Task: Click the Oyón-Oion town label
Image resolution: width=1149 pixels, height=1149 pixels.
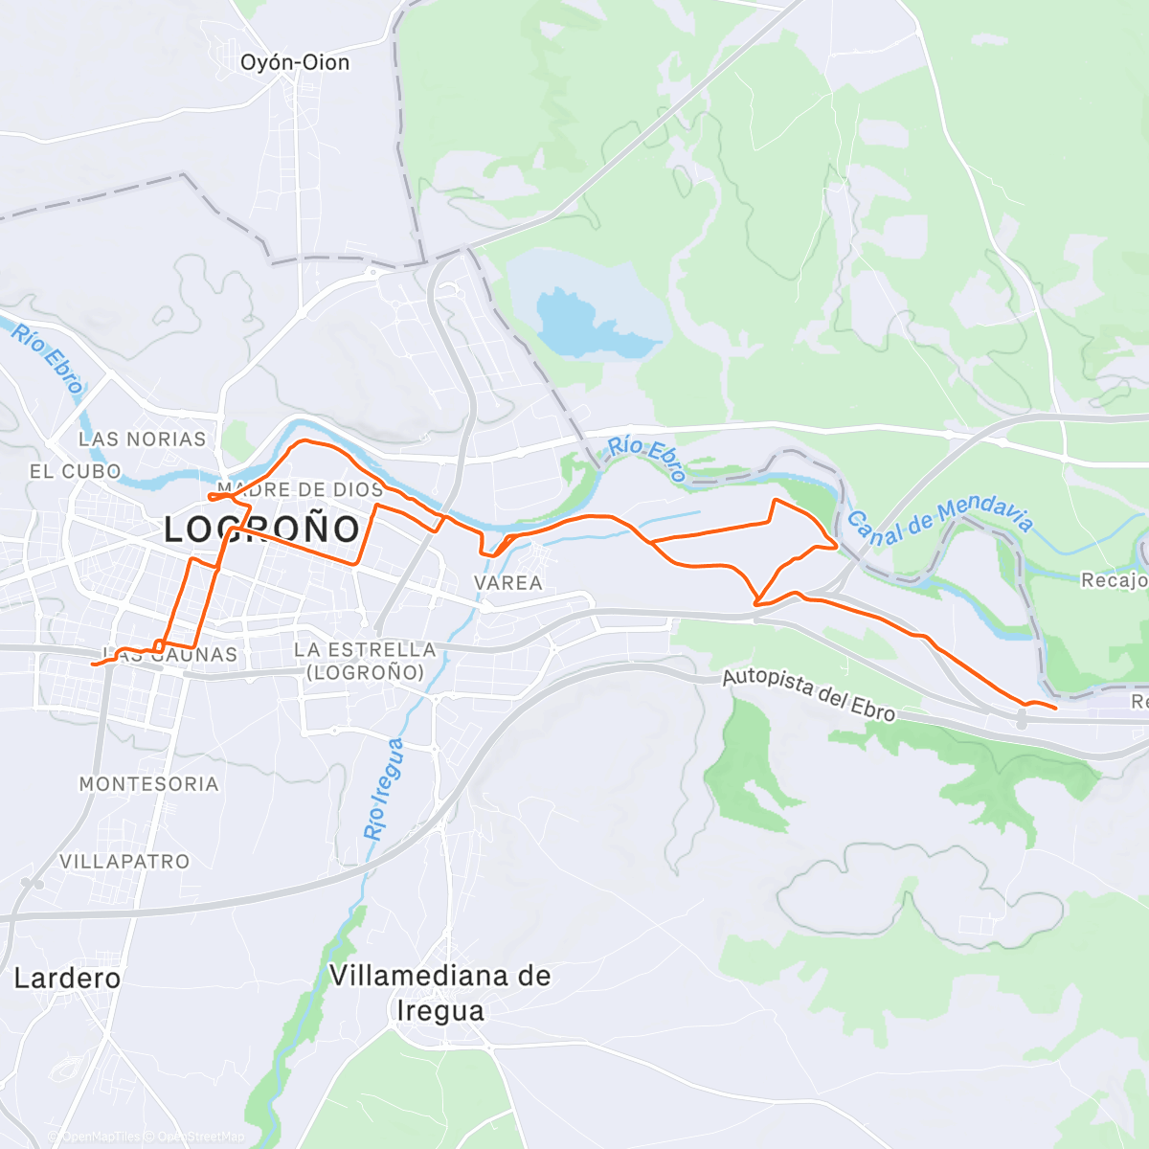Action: (x=295, y=63)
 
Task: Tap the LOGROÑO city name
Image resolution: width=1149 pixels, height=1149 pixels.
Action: (x=262, y=529)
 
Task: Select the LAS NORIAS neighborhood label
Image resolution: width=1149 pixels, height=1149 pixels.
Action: (x=142, y=439)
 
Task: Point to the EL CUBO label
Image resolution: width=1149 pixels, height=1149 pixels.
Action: (x=75, y=471)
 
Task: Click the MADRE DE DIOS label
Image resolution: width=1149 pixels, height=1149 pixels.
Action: (x=300, y=489)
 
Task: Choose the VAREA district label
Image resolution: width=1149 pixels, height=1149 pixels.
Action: (x=507, y=582)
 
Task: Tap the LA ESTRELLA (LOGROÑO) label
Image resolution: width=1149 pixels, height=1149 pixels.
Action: (x=365, y=661)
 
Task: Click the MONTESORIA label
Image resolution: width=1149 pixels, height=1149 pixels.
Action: (x=148, y=784)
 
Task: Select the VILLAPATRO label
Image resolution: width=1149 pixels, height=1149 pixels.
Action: (x=124, y=862)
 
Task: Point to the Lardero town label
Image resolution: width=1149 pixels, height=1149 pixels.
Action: (x=67, y=979)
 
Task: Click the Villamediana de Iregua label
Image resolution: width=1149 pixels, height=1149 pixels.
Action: (x=439, y=993)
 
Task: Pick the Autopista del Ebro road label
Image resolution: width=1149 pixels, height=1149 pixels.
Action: (x=808, y=695)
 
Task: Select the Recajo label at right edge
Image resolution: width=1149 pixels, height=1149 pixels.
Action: (x=1114, y=580)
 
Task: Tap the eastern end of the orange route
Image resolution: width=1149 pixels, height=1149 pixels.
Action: (x=1055, y=709)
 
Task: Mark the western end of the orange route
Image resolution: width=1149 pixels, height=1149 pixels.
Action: (x=92, y=664)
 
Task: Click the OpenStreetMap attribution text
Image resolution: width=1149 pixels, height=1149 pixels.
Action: (x=201, y=1137)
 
